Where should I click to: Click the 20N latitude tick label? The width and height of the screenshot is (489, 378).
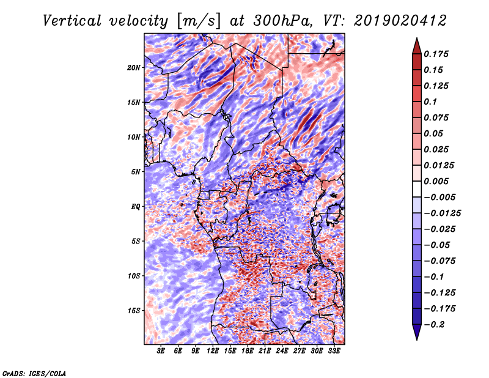(x=134, y=68)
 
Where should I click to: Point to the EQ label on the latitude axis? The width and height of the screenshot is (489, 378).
(x=135, y=207)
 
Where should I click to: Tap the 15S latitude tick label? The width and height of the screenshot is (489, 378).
(x=134, y=311)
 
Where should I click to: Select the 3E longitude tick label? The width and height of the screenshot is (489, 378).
(x=161, y=350)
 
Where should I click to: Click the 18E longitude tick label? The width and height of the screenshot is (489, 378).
(x=248, y=350)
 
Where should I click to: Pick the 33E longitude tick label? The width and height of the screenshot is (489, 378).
(x=334, y=350)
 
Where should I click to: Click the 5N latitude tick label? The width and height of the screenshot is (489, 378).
(x=136, y=172)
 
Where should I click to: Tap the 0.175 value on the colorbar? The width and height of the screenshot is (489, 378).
(x=436, y=54)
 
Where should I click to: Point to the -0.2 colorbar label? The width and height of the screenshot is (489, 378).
(x=434, y=325)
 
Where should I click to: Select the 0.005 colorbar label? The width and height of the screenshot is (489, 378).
(x=436, y=181)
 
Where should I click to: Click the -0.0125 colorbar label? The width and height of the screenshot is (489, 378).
(x=442, y=213)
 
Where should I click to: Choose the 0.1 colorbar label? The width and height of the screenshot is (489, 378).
(x=430, y=102)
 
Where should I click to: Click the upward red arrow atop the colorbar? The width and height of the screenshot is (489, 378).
(x=417, y=46)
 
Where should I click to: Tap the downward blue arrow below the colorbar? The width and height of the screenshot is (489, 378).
(x=417, y=332)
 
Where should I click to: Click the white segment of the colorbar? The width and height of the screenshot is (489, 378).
(x=417, y=189)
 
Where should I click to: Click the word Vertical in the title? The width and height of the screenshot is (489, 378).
(x=72, y=21)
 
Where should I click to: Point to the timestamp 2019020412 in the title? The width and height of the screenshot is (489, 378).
(x=400, y=21)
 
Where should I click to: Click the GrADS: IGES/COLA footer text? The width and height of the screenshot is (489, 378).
(x=34, y=373)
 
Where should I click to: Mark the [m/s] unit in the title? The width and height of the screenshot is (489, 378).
(x=199, y=21)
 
